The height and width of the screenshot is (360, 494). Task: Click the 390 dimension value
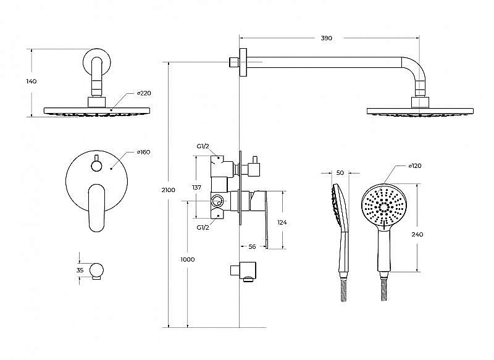327,38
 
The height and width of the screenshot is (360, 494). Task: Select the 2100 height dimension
168,190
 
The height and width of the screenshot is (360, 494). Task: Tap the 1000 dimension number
188,259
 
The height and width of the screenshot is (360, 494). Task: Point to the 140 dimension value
31,82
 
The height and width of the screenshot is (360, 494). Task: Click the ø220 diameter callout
144,93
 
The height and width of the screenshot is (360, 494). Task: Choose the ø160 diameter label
144,152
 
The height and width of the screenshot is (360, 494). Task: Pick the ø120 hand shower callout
414,166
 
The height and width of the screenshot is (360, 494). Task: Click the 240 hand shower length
417,234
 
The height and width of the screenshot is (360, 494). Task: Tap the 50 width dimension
340,173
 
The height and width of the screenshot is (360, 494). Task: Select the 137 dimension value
196,187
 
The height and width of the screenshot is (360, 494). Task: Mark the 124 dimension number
282,223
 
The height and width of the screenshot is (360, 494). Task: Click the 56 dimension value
252,246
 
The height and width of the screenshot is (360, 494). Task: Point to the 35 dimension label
80,270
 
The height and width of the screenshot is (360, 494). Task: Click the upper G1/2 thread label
203,146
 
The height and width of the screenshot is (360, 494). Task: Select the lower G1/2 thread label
203,227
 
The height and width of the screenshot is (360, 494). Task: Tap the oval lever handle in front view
97,208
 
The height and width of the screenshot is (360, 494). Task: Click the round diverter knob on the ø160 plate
96,165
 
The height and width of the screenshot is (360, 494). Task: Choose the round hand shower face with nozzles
384,206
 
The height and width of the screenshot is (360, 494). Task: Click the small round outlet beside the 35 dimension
96,270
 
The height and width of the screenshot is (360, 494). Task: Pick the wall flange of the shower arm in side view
243,62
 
